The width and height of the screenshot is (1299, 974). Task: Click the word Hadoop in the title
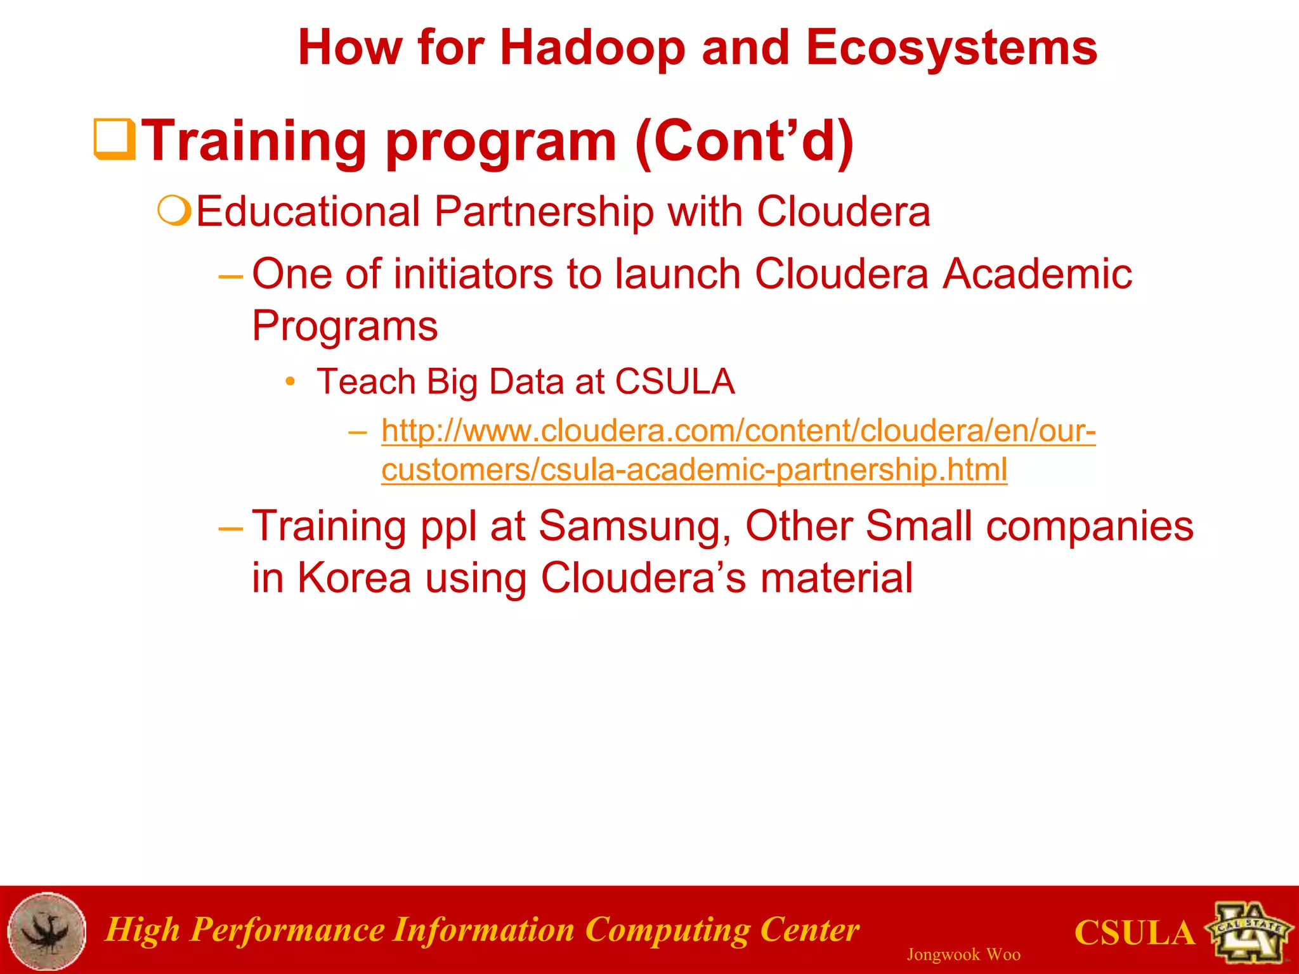coord(592,48)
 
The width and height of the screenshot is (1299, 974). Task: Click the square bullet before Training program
coord(114,139)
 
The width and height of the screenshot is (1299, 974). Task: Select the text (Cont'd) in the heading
coord(744,141)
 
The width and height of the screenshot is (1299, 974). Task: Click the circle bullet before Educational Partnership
coord(174,211)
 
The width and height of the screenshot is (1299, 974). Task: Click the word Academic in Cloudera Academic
coord(1036,274)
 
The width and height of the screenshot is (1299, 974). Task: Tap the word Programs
coord(344,326)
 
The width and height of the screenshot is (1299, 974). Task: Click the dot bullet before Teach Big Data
coord(290,382)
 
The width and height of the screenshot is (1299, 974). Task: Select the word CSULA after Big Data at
coord(674,382)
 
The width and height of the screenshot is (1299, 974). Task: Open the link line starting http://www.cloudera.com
coord(738,431)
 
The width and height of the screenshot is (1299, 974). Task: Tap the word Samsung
coord(634,526)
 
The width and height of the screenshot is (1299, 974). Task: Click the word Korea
coord(354,578)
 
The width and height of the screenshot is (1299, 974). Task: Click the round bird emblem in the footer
coord(46,930)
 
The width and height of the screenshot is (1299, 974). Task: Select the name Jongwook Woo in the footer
coord(963,954)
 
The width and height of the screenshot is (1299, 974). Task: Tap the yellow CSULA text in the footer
coord(1134,933)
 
